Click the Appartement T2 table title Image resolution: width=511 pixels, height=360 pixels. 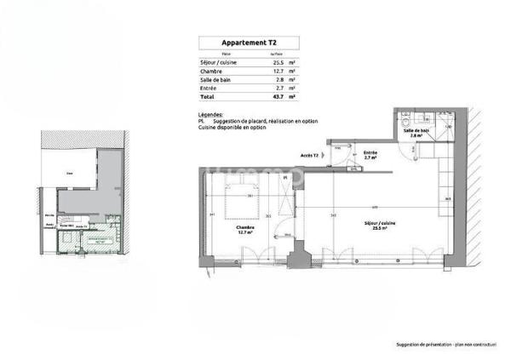click(248, 43)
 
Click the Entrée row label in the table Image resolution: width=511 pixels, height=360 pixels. click(209, 88)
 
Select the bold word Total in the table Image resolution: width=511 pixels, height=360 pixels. click(208, 97)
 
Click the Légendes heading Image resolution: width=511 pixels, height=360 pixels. click(210, 114)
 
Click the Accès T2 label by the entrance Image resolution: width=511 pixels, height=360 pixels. click(310, 156)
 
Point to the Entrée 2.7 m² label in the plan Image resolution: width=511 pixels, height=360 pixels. click(370, 156)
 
